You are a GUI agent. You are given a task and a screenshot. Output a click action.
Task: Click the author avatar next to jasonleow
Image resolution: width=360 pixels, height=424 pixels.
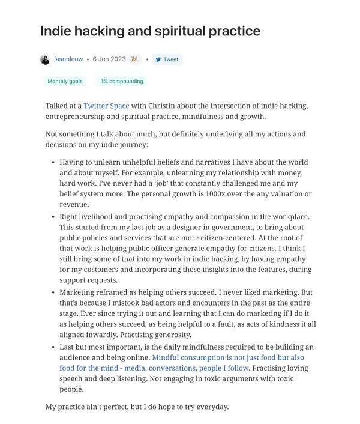click(45, 59)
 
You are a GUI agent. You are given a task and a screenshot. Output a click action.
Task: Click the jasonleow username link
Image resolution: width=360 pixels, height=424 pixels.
click(68, 59)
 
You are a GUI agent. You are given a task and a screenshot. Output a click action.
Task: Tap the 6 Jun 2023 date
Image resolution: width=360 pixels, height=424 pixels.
click(109, 59)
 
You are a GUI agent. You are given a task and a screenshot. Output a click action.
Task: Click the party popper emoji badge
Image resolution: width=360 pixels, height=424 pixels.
click(134, 59)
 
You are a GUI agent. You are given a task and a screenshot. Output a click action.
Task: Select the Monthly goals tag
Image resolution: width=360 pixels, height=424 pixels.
click(65, 81)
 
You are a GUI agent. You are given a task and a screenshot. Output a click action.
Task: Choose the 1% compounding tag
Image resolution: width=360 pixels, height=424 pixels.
click(122, 81)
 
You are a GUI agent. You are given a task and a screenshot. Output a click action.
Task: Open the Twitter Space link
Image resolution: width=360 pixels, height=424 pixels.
click(106, 106)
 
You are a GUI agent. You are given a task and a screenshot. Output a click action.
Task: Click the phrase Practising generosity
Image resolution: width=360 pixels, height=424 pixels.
click(155, 335)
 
